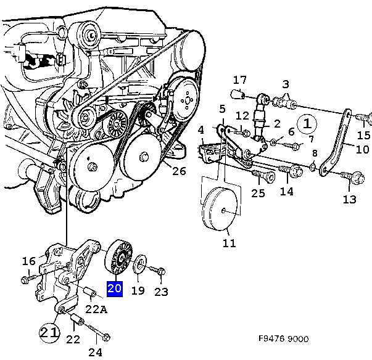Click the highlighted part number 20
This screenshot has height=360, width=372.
115,288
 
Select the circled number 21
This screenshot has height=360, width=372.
49,332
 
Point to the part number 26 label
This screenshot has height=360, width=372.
178,171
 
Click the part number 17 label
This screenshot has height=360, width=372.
239,80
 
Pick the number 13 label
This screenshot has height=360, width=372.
350,198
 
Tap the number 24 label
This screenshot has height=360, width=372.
95,352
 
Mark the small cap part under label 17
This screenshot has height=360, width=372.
237,94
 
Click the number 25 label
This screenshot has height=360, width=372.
258,193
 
